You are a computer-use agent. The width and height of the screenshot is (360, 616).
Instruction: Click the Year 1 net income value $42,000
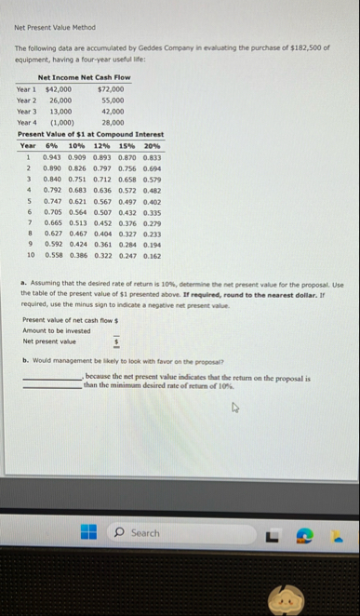pyautogui.click(x=59, y=90)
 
